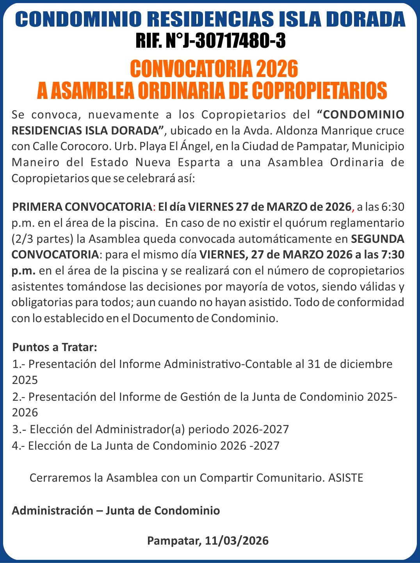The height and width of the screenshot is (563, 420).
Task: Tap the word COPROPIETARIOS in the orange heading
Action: pyautogui.click(x=319, y=91)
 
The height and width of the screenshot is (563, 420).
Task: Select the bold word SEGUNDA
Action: pyautogui.click(x=377, y=238)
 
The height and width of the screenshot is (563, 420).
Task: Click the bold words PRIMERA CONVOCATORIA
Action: pyautogui.click(x=82, y=207)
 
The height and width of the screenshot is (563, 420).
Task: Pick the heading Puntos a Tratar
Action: pyautogui.click(x=55, y=347)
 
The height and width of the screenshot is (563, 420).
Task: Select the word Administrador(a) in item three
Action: pyautogui.click(x=140, y=429)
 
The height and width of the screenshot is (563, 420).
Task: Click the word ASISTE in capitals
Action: pyautogui.click(x=346, y=478)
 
